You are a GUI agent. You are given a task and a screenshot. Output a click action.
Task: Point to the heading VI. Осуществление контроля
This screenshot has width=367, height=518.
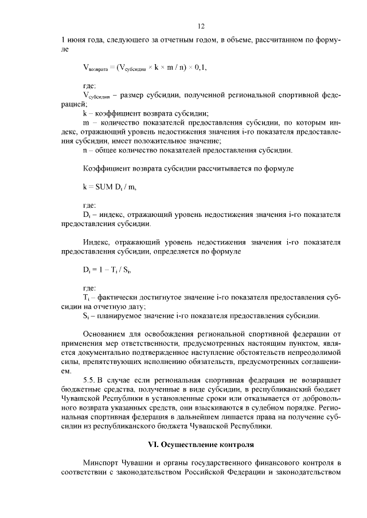click(x=201, y=444)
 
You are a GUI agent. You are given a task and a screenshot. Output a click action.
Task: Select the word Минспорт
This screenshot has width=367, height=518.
click(x=102, y=462)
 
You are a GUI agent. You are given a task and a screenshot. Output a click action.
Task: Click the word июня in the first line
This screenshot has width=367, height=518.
click(x=76, y=41)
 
